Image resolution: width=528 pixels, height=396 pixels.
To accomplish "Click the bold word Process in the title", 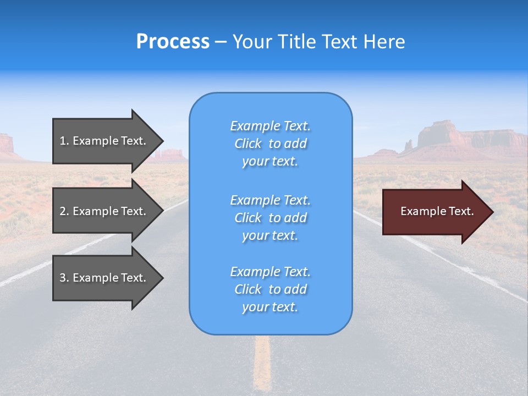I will tap(173, 42).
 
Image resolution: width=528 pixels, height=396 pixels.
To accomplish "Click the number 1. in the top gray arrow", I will tap(64, 141).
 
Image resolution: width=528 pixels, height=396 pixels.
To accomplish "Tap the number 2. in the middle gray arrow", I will tap(64, 211).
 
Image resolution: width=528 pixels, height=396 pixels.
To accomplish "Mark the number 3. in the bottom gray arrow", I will tap(64, 278).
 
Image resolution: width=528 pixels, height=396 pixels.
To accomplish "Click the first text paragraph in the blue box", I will tap(270, 144).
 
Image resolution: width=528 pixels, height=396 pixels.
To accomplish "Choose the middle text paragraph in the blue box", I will tap(270, 218).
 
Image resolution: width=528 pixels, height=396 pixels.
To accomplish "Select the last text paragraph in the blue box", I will tap(270, 289).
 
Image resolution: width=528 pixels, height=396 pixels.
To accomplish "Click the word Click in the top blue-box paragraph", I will tap(248, 144).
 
